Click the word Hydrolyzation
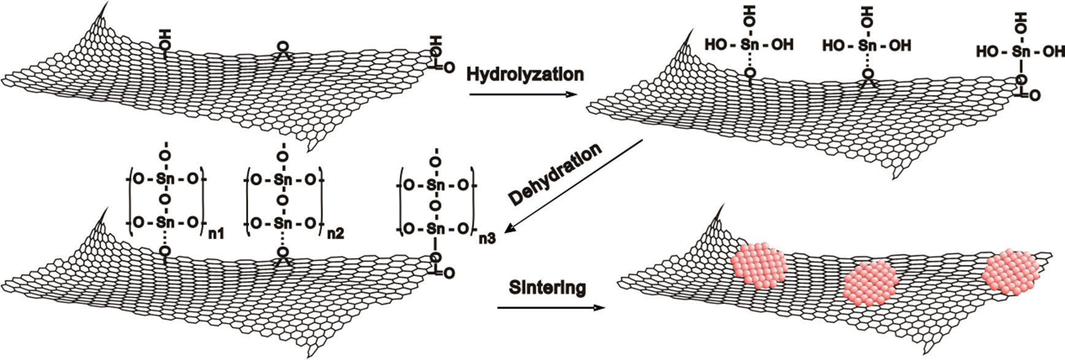[x=525, y=74]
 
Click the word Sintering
[x=547, y=287]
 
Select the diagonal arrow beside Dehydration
[x=576, y=186]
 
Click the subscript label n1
[x=216, y=232]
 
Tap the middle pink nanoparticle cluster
[x=869, y=282]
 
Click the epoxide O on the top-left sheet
[x=283, y=47]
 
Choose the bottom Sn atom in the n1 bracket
[x=165, y=223]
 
